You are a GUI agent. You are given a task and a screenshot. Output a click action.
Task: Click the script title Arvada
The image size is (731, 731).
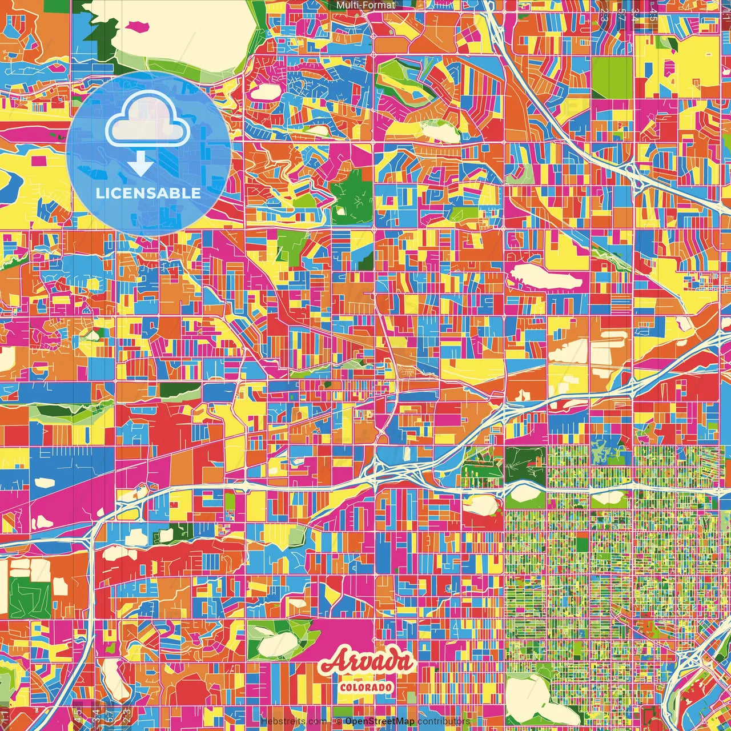tap(366, 662)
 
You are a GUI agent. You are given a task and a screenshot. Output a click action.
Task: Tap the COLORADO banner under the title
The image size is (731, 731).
tap(366, 686)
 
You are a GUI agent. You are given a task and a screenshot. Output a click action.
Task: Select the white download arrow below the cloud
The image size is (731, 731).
tap(140, 164)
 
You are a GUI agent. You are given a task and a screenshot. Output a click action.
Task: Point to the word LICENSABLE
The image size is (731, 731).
tap(148, 193)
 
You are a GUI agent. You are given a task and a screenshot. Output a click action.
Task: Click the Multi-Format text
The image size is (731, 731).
tap(365, 5)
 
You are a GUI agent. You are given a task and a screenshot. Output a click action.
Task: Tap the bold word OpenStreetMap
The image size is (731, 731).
tap(379, 721)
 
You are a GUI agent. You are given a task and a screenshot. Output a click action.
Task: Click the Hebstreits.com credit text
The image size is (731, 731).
tap(294, 721)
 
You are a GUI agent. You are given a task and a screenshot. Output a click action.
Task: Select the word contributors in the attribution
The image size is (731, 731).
tap(444, 721)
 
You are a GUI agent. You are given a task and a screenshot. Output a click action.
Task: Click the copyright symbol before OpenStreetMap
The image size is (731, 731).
tap(338, 721)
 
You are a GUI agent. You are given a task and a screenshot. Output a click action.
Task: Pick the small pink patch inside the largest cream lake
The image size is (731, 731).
tap(138, 26)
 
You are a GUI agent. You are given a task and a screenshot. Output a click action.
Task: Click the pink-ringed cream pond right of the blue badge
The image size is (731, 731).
tap(263, 91)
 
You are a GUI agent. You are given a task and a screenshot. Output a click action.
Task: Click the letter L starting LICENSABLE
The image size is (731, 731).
tap(100, 193)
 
